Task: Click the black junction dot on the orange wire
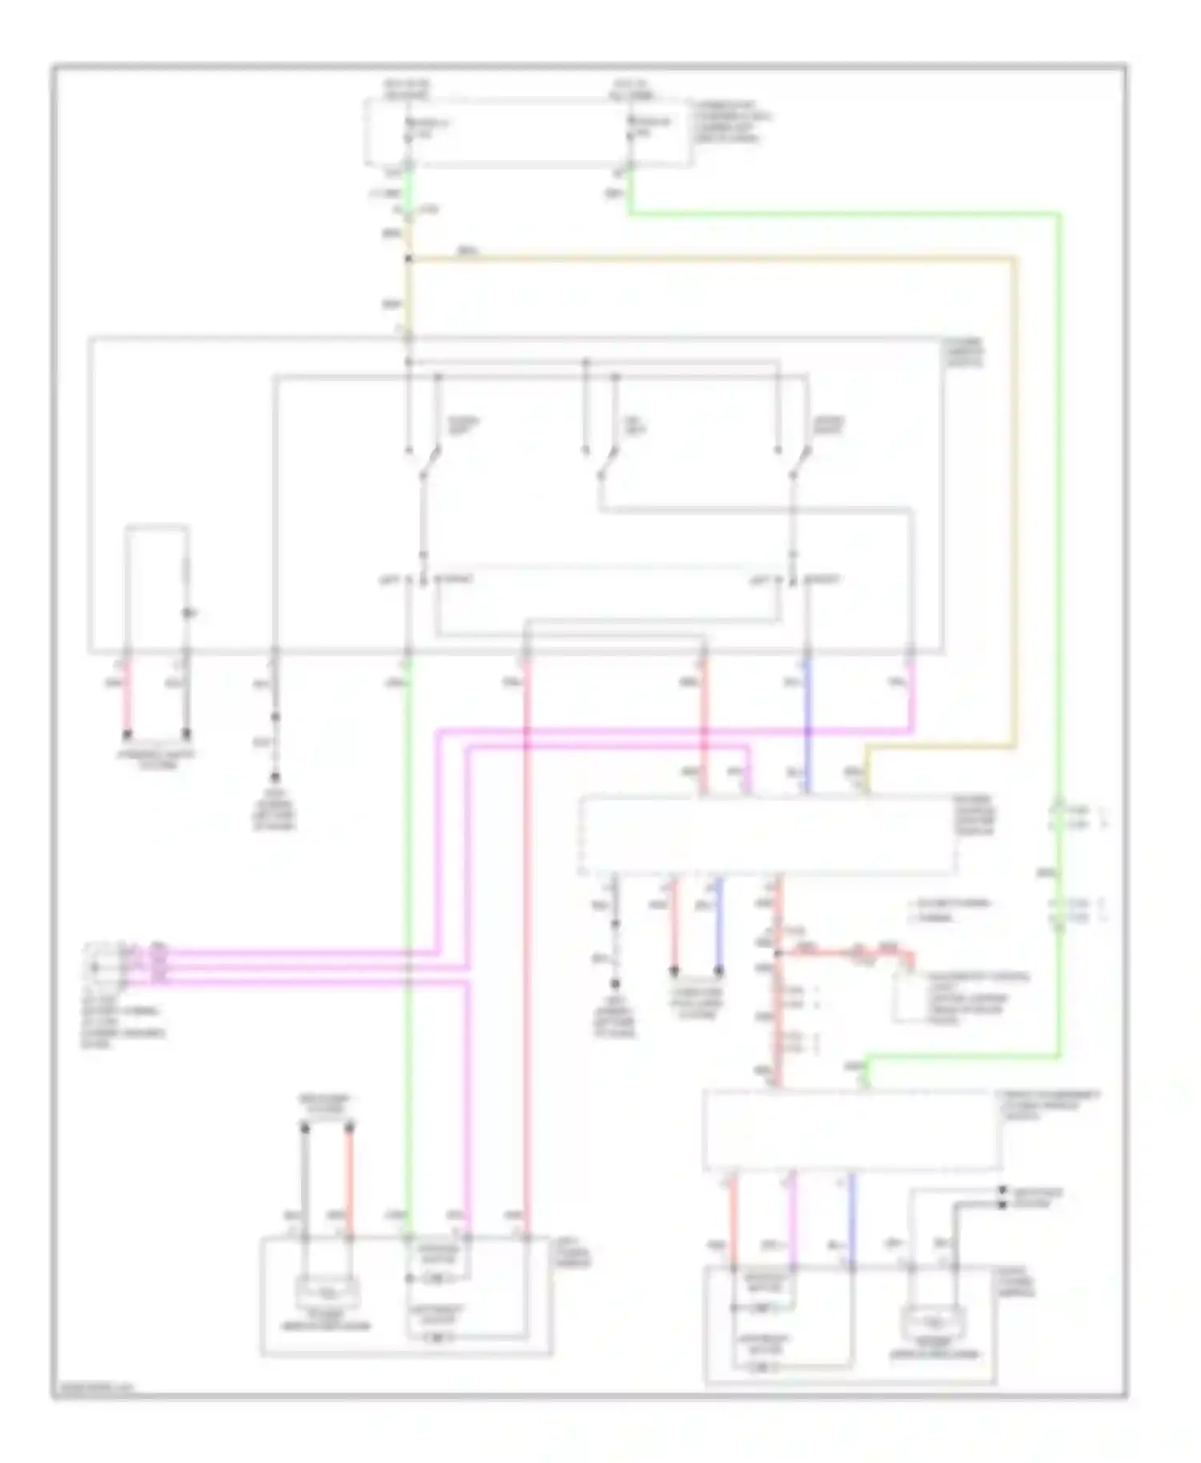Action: [x=408, y=259]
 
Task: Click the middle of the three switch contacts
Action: [x=606, y=464]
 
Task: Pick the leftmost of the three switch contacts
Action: [x=430, y=464]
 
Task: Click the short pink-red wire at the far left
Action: [x=127, y=695]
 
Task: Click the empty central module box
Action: [x=767, y=835]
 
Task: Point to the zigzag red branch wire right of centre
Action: [x=849, y=952]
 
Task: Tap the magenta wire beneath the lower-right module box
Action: [x=792, y=1216]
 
